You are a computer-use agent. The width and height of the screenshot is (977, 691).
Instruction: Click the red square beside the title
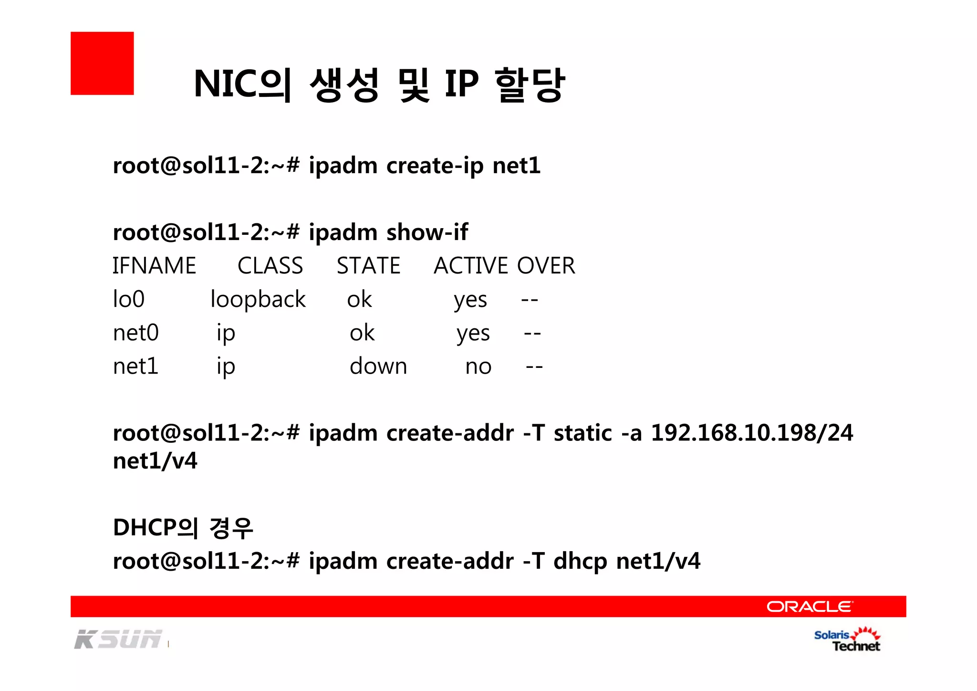pos(102,63)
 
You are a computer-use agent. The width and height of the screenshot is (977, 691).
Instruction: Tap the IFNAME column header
pos(154,266)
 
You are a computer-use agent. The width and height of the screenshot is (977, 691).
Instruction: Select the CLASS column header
pos(270,266)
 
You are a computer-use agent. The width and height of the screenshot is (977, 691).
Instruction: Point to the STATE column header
pos(368,266)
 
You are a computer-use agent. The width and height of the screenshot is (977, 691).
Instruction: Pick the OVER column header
pos(546,266)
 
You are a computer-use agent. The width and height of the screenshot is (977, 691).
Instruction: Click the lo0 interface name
pos(128,299)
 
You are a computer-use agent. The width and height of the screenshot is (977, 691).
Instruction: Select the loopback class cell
pos(258,299)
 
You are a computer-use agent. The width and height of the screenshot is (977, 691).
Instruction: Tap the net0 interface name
pos(135,333)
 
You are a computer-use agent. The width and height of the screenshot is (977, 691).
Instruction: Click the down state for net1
pos(378,366)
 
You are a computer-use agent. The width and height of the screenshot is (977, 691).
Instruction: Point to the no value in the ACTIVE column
pos(478,366)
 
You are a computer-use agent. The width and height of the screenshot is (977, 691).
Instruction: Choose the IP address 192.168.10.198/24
pos(752,433)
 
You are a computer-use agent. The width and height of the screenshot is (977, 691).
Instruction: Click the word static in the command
pos(582,433)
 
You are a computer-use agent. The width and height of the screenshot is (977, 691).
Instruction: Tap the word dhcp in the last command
pos(580,561)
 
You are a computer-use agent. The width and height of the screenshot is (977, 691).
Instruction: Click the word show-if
pos(427,232)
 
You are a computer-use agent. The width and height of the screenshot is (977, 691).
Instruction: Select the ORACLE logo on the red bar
pos(809,607)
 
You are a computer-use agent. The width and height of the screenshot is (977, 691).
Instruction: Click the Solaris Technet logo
pos(847,640)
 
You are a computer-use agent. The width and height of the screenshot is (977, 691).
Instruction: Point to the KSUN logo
pos(118,639)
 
